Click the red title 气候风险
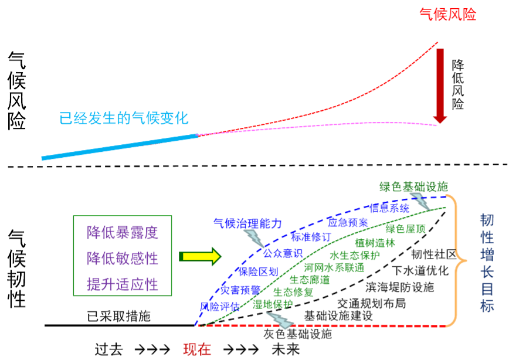(447, 15)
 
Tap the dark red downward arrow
(440, 85)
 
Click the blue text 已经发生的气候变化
(124, 118)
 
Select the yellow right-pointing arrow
(200, 256)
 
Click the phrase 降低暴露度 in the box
(123, 233)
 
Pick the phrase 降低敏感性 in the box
(123, 258)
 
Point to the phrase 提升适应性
(123, 284)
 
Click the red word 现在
(197, 349)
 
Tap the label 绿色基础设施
(413, 186)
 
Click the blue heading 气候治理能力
(247, 223)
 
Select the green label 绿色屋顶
(406, 229)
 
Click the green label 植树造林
(375, 243)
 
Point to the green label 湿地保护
(273, 304)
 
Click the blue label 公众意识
(283, 253)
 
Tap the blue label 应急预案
(348, 222)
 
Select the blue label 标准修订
(311, 237)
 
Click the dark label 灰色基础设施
(297, 334)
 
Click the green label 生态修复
(293, 292)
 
